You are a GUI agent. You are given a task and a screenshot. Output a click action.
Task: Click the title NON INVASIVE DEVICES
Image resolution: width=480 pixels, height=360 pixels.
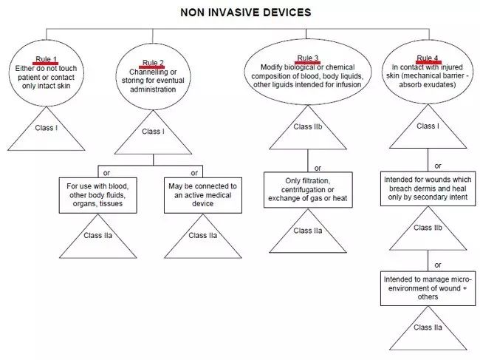(245, 13)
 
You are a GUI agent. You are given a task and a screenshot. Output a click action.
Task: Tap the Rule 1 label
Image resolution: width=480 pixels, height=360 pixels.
(46, 59)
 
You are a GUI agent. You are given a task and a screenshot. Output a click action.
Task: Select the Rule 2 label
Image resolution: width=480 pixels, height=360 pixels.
(153, 63)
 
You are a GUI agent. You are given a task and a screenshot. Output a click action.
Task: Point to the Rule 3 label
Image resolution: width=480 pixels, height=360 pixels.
(308, 58)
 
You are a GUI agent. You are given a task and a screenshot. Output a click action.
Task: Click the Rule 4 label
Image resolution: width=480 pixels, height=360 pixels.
(428, 58)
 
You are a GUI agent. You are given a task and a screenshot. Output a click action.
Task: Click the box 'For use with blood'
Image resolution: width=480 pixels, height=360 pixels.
(98, 195)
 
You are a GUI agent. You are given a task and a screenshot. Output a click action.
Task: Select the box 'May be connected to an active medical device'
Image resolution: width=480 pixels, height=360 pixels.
(202, 195)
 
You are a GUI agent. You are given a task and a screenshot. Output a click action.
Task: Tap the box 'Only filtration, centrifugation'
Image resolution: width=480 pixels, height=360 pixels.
(308, 190)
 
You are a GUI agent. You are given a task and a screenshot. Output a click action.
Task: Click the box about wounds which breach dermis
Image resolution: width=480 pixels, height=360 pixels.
(428, 189)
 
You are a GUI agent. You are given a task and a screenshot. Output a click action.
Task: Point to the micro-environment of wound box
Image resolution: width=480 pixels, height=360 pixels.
(428, 288)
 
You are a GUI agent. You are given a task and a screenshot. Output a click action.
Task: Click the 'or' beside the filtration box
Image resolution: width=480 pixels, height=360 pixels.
(318, 169)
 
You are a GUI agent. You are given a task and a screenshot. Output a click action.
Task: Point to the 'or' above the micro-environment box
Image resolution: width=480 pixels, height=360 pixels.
(438, 265)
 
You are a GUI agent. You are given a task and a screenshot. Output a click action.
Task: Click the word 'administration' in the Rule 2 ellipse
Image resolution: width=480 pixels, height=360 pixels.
(153, 89)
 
